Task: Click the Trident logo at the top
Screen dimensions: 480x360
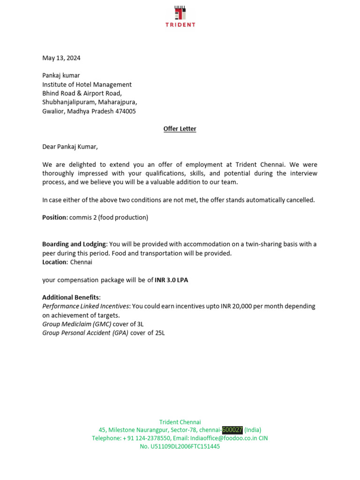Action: coord(180,16)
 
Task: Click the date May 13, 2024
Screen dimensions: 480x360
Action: coord(61,58)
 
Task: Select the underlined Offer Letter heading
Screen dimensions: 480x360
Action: coord(180,129)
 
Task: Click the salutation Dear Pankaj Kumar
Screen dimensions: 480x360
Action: coord(70,147)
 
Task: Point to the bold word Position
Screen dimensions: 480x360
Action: coord(55,217)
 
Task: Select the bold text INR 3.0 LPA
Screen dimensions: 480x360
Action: coord(172,280)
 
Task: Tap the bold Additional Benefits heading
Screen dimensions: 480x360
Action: coord(71,298)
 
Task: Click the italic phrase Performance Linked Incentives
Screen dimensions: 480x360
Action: coord(86,307)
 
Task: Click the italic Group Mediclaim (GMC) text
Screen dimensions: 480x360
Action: coord(77,324)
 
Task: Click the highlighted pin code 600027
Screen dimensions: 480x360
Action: coord(232,430)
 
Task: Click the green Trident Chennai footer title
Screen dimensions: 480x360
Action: coord(180,422)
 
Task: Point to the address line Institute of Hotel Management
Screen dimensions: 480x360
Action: coord(87,85)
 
